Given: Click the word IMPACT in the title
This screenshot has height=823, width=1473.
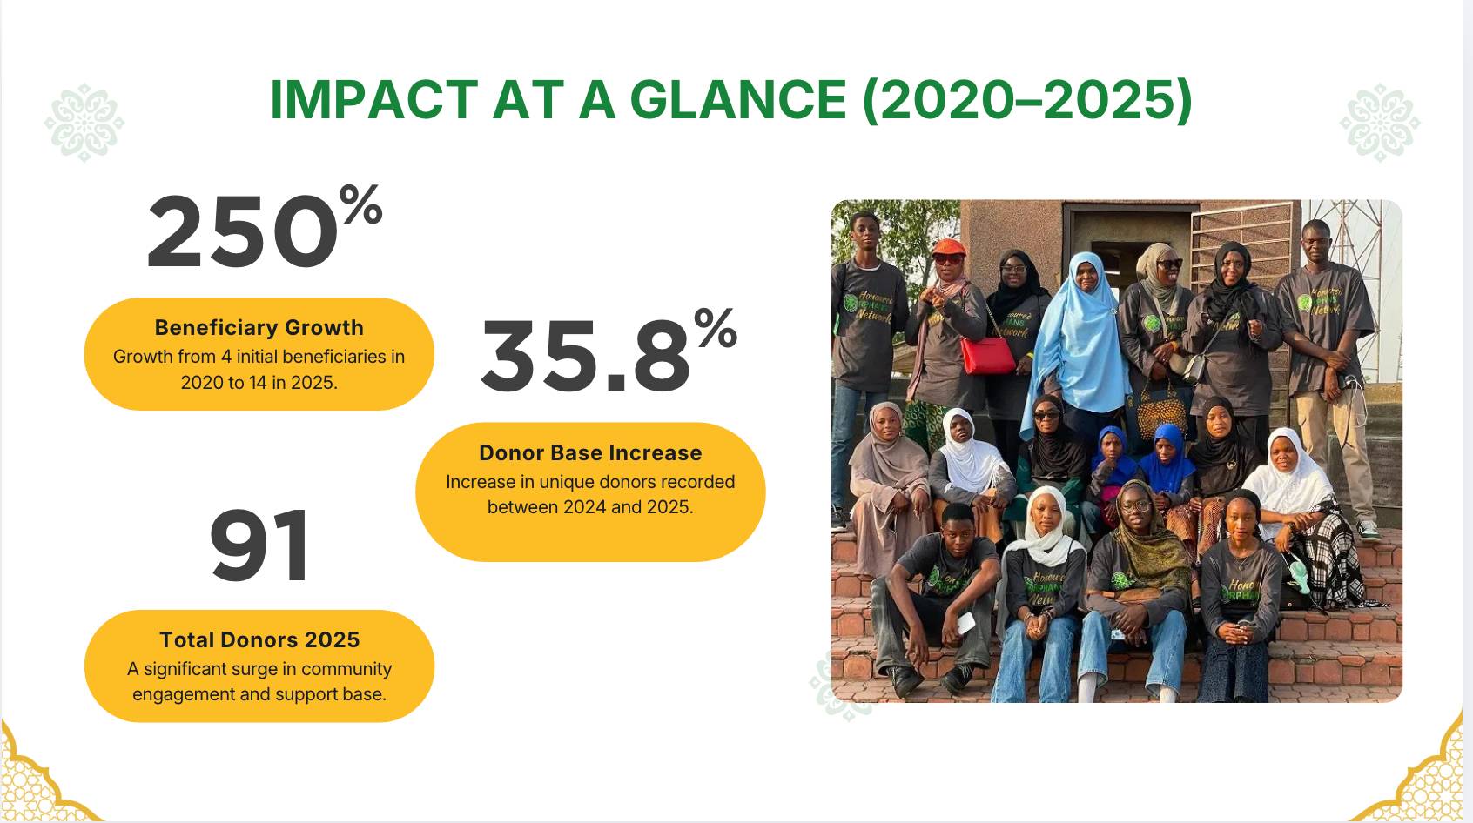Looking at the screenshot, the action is tap(373, 99).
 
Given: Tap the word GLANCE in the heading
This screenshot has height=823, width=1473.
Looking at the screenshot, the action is tap(738, 99).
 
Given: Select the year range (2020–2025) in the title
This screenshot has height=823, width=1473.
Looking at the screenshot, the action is tap(1027, 100).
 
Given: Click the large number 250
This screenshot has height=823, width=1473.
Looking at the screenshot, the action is tap(243, 231).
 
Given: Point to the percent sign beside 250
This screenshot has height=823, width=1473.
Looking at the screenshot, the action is tap(360, 204).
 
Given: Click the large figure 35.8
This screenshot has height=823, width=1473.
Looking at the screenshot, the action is tap(586, 356).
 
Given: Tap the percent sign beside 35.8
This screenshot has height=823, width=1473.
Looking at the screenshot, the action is tap(716, 327).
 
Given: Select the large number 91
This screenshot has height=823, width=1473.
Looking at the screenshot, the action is tap(259, 545).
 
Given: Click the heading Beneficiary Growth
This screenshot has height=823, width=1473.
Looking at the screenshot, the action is tap(259, 327).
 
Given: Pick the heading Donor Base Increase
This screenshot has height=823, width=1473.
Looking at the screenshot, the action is tap(590, 453).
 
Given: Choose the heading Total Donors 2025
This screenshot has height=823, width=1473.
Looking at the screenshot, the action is tap(259, 639).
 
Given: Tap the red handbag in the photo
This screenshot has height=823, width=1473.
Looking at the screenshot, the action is tap(988, 355).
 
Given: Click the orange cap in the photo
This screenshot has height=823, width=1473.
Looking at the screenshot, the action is tap(949, 248).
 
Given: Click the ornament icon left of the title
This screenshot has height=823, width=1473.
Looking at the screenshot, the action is tap(84, 123).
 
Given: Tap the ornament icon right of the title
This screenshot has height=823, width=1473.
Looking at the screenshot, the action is tap(1380, 123).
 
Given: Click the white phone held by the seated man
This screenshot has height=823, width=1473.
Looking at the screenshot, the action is tap(965, 623).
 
